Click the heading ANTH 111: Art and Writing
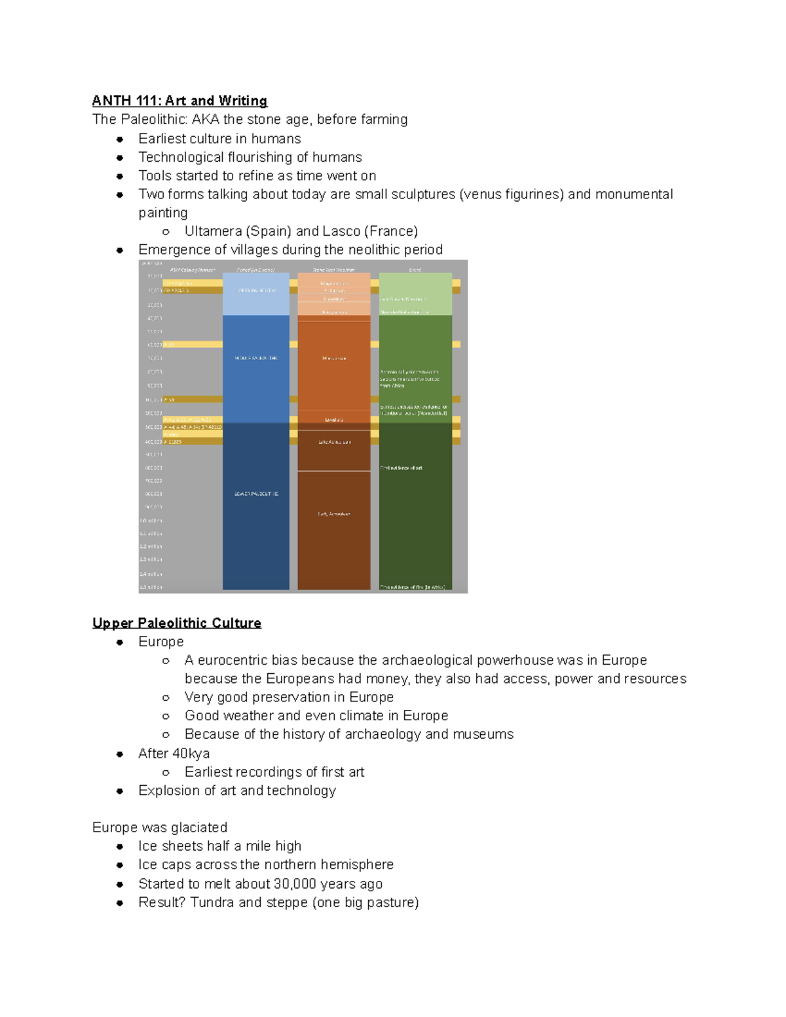(x=179, y=101)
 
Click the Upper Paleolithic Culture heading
(x=176, y=623)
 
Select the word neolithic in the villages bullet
(x=375, y=250)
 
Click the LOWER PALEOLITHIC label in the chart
(x=256, y=494)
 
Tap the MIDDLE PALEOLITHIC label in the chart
(x=256, y=358)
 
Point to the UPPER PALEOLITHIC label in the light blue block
(x=256, y=290)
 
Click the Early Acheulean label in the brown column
(x=334, y=514)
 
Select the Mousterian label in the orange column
(x=334, y=358)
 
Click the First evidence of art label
(x=401, y=468)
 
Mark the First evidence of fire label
(x=413, y=587)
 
